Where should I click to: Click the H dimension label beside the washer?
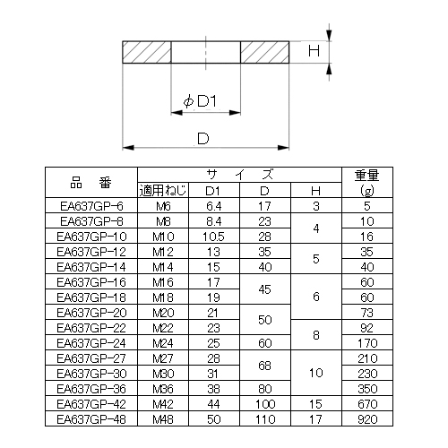314,51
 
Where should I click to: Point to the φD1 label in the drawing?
200,101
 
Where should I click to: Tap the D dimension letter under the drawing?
203,139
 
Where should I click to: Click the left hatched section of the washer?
147,52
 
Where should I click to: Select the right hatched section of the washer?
264,52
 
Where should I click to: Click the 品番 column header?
91,183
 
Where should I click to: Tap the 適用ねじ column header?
163,190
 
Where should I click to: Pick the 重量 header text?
367,176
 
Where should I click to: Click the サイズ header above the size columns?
239,175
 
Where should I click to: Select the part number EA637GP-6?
91,206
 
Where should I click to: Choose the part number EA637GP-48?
91,419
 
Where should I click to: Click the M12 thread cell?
163,252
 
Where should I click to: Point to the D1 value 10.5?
213,237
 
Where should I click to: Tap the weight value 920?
367,419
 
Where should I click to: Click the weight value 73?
367,313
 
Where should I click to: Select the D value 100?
265,404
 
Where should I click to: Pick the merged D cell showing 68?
264,366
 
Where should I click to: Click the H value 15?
315,404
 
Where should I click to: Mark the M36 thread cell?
163,389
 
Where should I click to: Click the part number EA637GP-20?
91,313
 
